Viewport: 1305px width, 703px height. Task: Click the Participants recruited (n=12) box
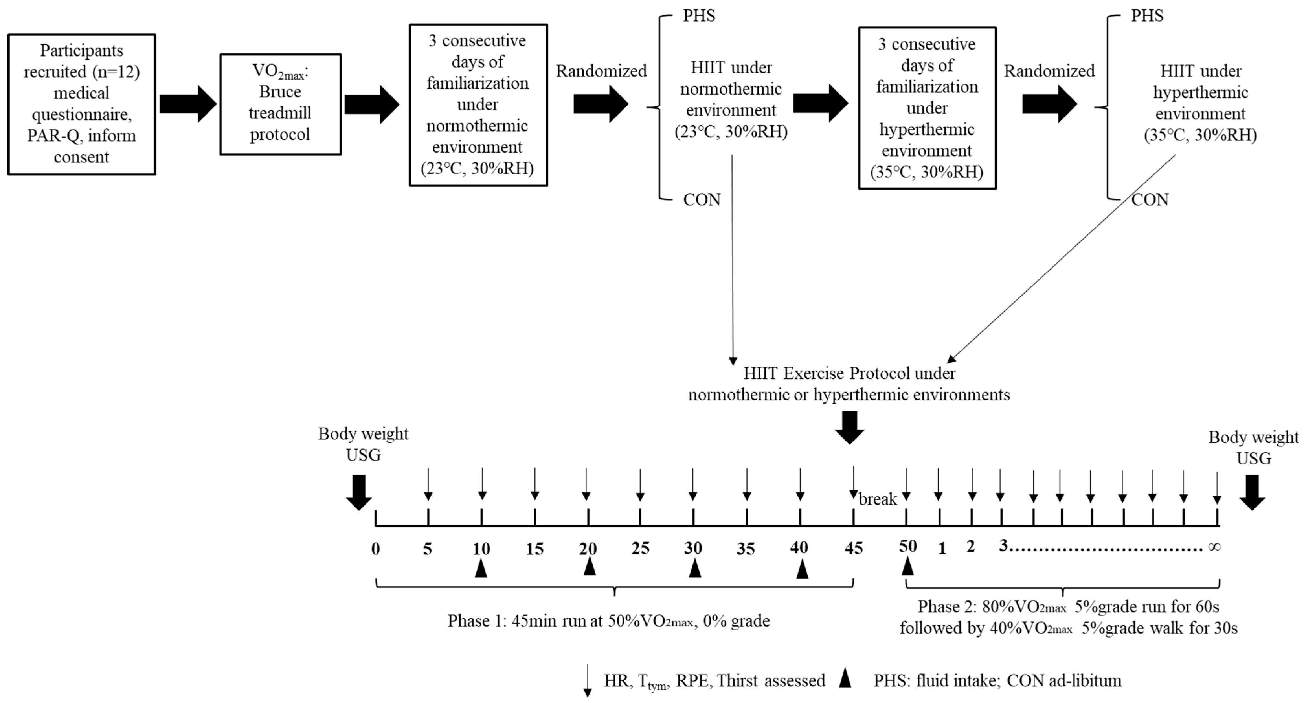coord(82,104)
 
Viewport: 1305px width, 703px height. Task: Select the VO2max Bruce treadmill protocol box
coord(280,104)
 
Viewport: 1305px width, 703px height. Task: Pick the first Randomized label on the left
coord(601,71)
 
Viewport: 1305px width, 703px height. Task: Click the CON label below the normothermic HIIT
coord(701,200)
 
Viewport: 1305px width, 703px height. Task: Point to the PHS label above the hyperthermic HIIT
coord(1147,16)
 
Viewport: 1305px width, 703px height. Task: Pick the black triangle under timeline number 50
coord(907,566)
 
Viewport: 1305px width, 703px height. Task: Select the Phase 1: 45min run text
coord(608,621)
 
